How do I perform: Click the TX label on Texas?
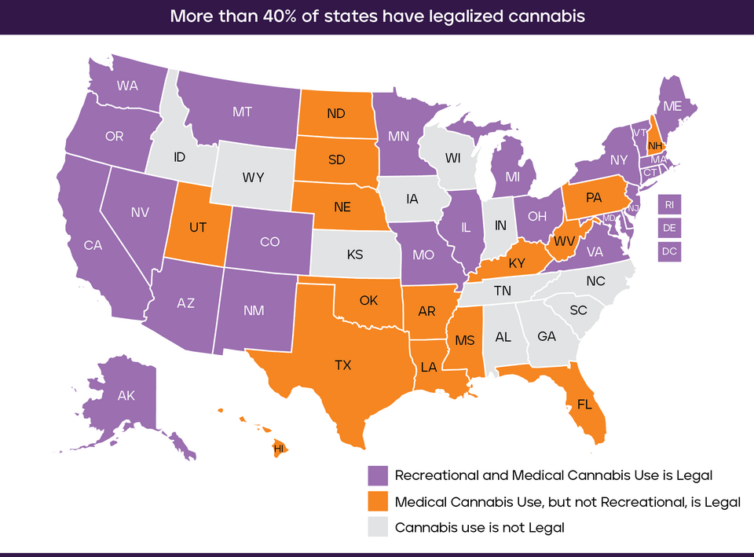point(342,365)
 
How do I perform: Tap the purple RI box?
point(669,204)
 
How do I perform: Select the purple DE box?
point(669,228)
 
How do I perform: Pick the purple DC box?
point(669,251)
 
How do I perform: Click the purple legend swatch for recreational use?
point(379,475)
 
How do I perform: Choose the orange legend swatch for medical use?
point(379,501)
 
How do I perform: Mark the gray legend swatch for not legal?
point(379,527)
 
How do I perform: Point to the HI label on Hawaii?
point(278,449)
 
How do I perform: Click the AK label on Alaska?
point(126,395)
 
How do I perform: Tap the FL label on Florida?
point(584,406)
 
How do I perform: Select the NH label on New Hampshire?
point(655,145)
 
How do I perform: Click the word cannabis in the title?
point(546,16)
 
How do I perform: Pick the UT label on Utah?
point(196,226)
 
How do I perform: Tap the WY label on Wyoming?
point(253,178)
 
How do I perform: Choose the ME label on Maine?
point(672,107)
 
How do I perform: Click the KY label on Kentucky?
point(517,263)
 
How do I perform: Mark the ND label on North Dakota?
point(336,113)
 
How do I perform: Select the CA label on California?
point(93,245)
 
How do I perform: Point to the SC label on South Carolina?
point(578,310)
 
